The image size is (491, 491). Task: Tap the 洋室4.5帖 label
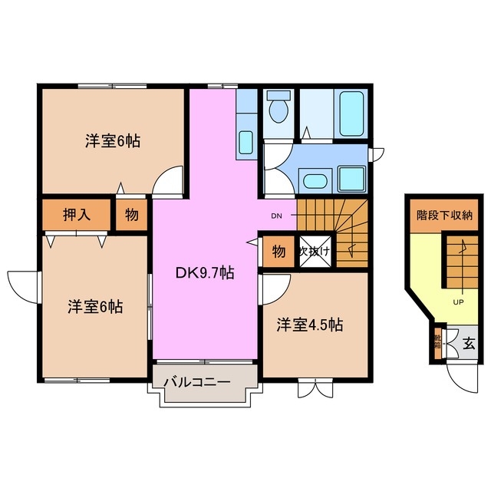[310, 325]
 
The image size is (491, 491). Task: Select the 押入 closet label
[77, 215]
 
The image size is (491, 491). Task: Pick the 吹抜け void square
[314, 251]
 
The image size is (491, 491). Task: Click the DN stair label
[277, 216]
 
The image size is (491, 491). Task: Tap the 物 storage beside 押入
[132, 215]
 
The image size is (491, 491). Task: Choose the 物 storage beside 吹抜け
[278, 252]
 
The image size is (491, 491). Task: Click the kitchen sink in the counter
[246, 142]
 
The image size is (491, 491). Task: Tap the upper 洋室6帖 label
[112, 141]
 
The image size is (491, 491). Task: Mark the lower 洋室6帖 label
[94, 306]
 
